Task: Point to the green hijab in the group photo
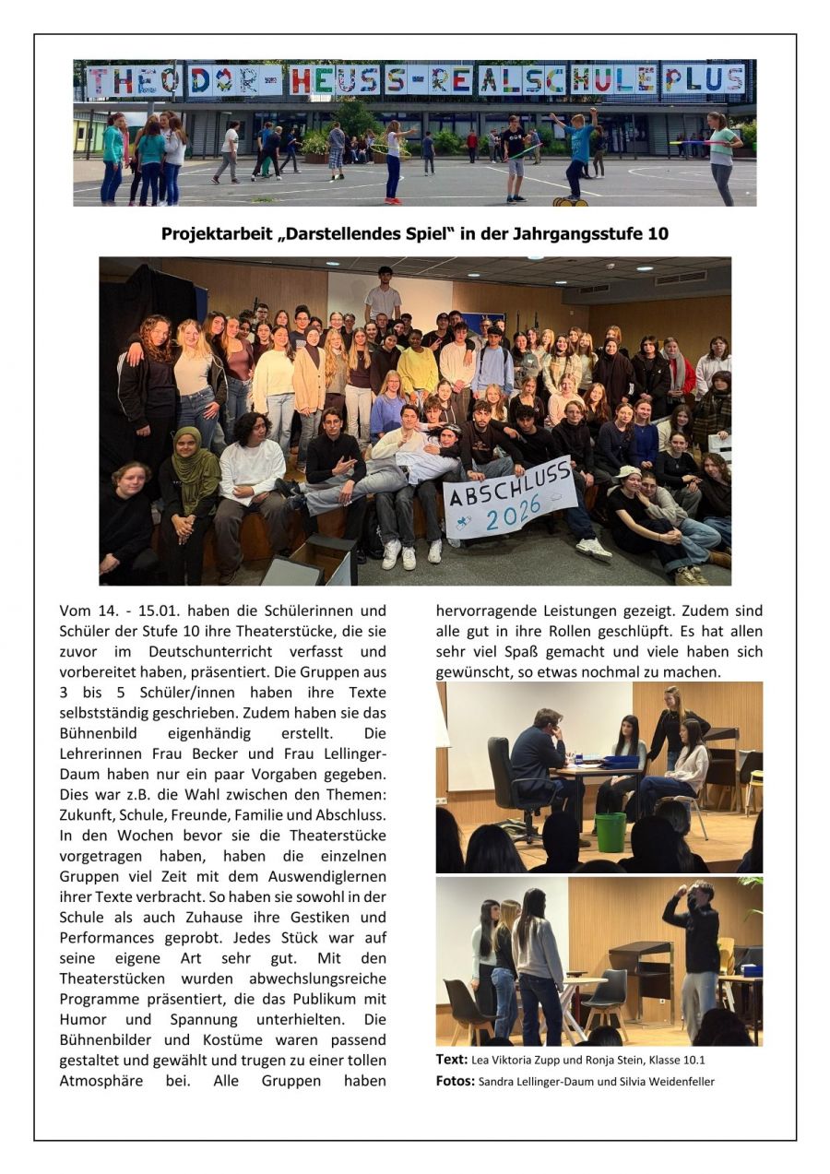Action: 196,459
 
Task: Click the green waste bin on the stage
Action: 610,832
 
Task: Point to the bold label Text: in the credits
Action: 452,1060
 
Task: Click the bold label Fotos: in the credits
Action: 455,1081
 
